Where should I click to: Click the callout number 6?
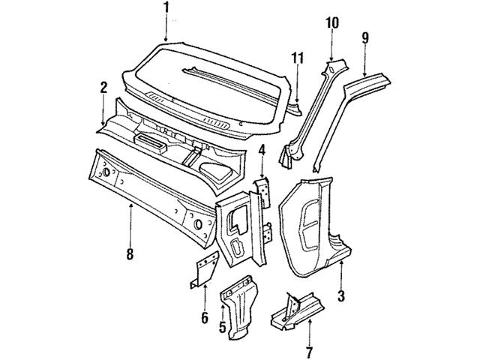tap(204, 317)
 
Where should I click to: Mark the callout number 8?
tap(130, 254)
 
